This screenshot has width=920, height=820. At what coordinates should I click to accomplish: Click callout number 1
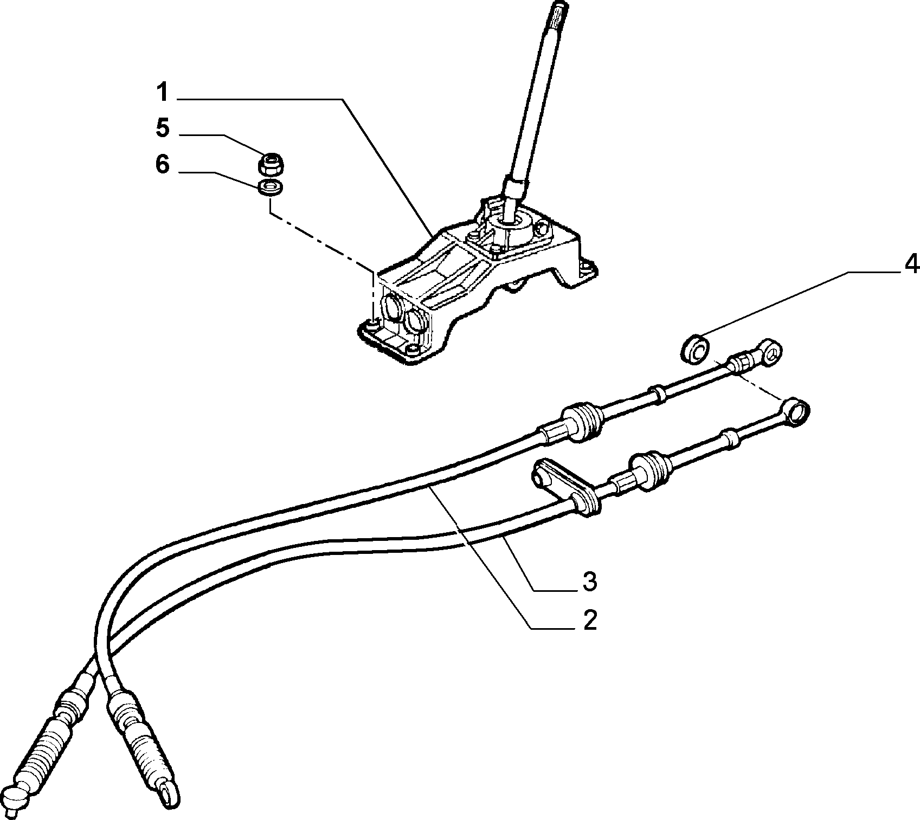click(x=162, y=93)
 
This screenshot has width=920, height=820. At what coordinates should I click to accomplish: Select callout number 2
click(x=590, y=619)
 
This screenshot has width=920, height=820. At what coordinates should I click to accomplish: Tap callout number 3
click(x=590, y=582)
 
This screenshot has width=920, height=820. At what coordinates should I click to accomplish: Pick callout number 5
click(x=162, y=128)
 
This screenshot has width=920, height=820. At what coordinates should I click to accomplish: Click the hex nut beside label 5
click(x=271, y=164)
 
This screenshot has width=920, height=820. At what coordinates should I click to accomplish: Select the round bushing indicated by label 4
click(x=694, y=348)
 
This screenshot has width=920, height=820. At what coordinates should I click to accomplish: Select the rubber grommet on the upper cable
click(x=582, y=422)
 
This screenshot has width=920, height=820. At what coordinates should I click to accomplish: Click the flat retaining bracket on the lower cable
click(x=564, y=485)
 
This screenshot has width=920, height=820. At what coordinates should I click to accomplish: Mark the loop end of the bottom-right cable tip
click(x=168, y=792)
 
